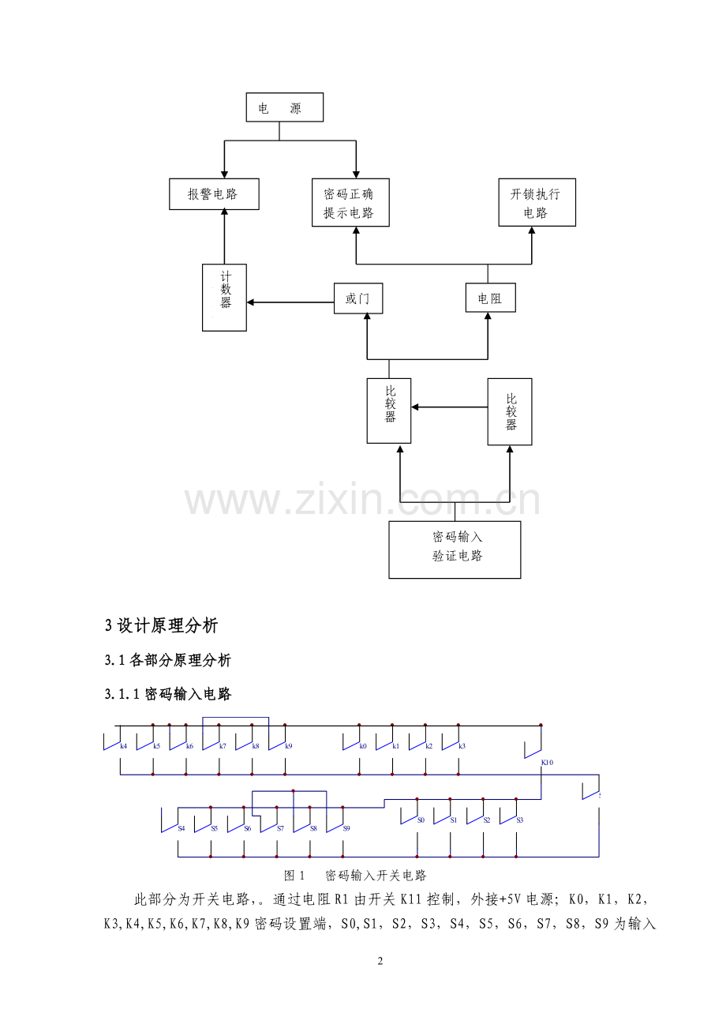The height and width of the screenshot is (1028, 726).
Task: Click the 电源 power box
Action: [x=284, y=108]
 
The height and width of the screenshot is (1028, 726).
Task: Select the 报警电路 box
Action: [x=214, y=194]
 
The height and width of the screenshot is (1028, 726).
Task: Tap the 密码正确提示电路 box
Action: [x=350, y=203]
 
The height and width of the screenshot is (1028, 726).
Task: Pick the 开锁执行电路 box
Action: [x=537, y=203]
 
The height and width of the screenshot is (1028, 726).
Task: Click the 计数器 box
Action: [x=225, y=296]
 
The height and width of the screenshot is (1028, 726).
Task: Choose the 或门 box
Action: [x=358, y=299]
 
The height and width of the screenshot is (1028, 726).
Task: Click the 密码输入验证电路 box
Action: [x=455, y=549]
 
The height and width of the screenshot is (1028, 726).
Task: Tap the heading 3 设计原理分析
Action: [x=161, y=626]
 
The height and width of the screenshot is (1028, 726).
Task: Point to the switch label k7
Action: [x=223, y=746]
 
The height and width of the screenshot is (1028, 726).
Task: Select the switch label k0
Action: [x=363, y=746]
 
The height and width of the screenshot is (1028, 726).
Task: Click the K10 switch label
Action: [x=547, y=762]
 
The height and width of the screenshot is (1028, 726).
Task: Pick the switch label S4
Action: [x=181, y=828]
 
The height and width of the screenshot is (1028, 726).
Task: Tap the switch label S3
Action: [x=519, y=820]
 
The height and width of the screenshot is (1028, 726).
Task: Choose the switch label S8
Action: [x=313, y=828]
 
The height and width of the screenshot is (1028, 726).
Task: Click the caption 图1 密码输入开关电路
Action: [x=355, y=876]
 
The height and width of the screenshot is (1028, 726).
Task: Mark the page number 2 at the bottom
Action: [x=380, y=961]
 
